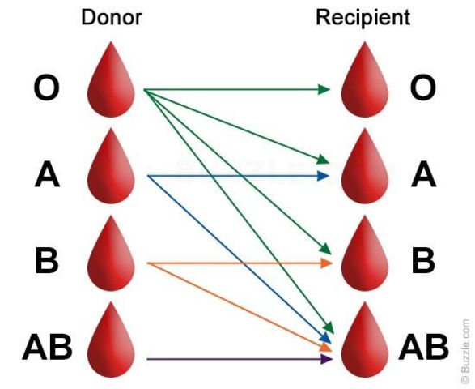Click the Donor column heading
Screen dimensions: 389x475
[112, 17]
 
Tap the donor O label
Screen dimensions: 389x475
[46, 88]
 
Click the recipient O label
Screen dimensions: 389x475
[422, 88]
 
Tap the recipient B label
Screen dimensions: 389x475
[422, 261]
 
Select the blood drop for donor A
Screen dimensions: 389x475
[112, 170]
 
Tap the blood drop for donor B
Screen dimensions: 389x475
[112, 257]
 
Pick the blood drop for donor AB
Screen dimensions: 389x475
[112, 344]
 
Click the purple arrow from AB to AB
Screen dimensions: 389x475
[239, 358]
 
